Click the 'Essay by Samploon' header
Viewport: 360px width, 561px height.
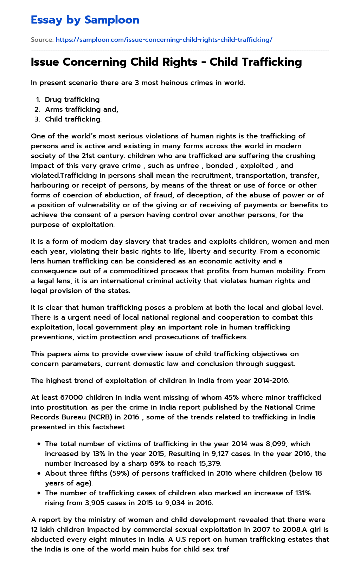[x=85, y=20]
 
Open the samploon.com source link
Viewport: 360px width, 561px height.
[x=164, y=40]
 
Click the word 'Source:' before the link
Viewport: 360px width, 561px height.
[x=42, y=40]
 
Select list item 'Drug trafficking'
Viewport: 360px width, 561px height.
[x=72, y=99]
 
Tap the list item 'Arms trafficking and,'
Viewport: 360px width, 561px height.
[x=82, y=109]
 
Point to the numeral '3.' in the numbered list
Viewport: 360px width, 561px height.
[x=37, y=119]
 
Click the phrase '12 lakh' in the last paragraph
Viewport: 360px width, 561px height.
[x=43, y=529]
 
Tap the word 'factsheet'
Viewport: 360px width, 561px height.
[x=107, y=427]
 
